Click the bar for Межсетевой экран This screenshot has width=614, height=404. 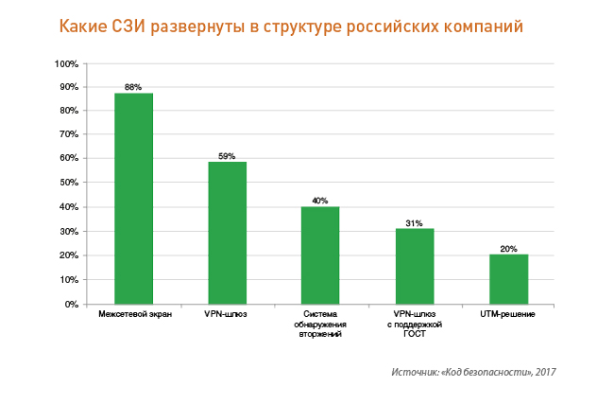click(x=133, y=199)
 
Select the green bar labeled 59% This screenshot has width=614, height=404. click(x=227, y=233)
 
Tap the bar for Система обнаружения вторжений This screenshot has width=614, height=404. click(x=320, y=255)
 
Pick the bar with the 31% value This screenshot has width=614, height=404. click(x=415, y=266)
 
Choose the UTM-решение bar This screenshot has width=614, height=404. click(x=508, y=279)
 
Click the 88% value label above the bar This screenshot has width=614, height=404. click(x=133, y=87)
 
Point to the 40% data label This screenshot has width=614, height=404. click(x=320, y=201)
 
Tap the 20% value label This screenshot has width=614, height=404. click(x=508, y=249)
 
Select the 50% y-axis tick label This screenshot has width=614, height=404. click(x=69, y=184)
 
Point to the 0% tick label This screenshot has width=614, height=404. click(x=72, y=305)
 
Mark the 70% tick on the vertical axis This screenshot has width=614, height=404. click(x=69, y=136)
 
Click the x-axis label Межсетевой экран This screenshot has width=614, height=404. click(x=134, y=314)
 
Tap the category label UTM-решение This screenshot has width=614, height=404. click(x=508, y=314)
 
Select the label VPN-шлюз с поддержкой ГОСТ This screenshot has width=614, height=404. click(x=415, y=324)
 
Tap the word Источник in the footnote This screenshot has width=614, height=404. click(x=413, y=372)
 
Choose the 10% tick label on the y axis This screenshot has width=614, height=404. click(x=69, y=280)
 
